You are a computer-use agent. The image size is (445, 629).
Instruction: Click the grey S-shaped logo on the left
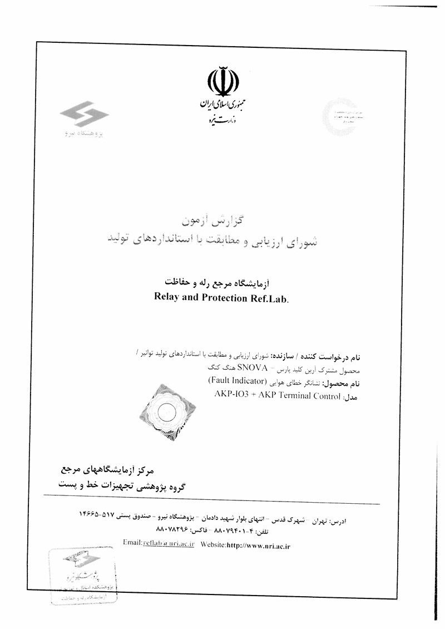tap(85, 117)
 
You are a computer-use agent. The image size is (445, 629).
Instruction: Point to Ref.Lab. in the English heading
tap(271, 297)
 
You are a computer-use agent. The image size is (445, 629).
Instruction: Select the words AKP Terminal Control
tap(300, 395)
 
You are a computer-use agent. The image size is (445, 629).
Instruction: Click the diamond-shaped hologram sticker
tap(167, 412)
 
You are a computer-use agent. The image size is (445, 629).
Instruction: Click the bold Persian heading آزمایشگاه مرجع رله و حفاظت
tap(222, 283)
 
